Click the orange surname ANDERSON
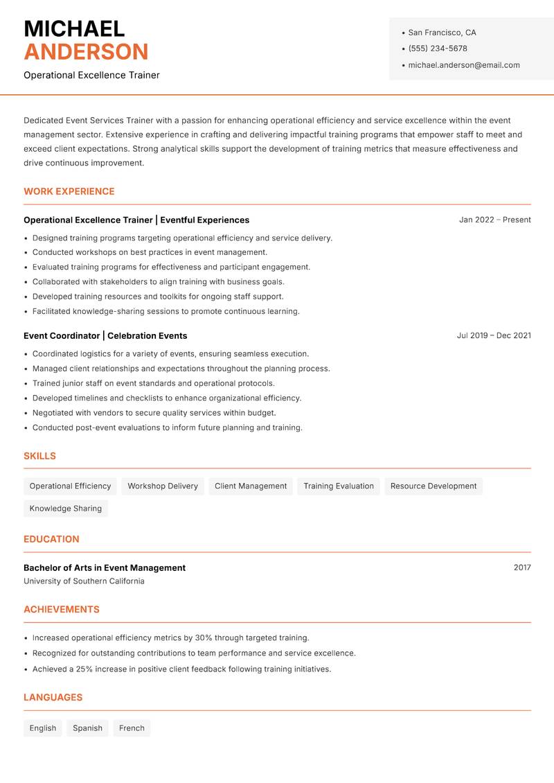coord(86,52)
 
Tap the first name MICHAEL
coord(74,28)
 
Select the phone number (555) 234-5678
coord(438,49)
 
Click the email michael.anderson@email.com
coord(464,65)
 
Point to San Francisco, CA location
coord(442,33)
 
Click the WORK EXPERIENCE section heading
coord(69,191)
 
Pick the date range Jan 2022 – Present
coord(494,220)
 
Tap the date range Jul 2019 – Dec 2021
coord(494,335)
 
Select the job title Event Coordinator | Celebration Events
coord(105,335)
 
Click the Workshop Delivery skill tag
coord(163,486)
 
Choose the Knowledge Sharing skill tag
coord(66,509)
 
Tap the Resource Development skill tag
coord(434,486)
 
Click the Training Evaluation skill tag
coord(339,486)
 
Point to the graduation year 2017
coord(522,568)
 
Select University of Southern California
coord(84,581)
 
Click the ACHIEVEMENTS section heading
coord(62,610)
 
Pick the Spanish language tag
coord(87,728)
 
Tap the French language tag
coord(132,728)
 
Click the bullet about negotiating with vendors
coord(154,413)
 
